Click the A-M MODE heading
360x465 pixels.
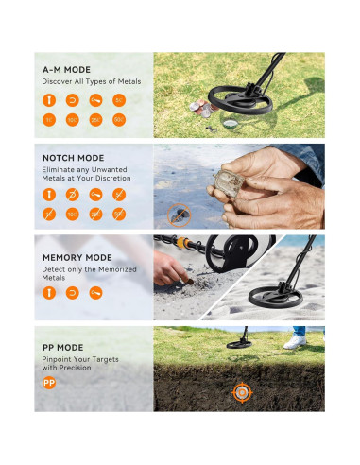[66, 69]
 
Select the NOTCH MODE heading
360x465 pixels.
[74, 159]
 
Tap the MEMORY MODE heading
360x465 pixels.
[78, 255]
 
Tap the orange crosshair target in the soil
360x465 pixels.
[242, 390]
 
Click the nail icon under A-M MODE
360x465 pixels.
[47, 98]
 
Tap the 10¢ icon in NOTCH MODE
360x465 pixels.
[72, 215]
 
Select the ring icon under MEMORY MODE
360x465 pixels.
[72, 292]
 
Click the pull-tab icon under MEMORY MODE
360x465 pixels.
[95, 292]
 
